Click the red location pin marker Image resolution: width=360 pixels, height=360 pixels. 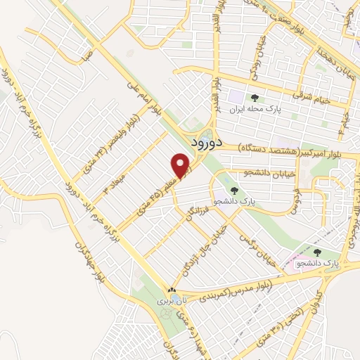point(181,165)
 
